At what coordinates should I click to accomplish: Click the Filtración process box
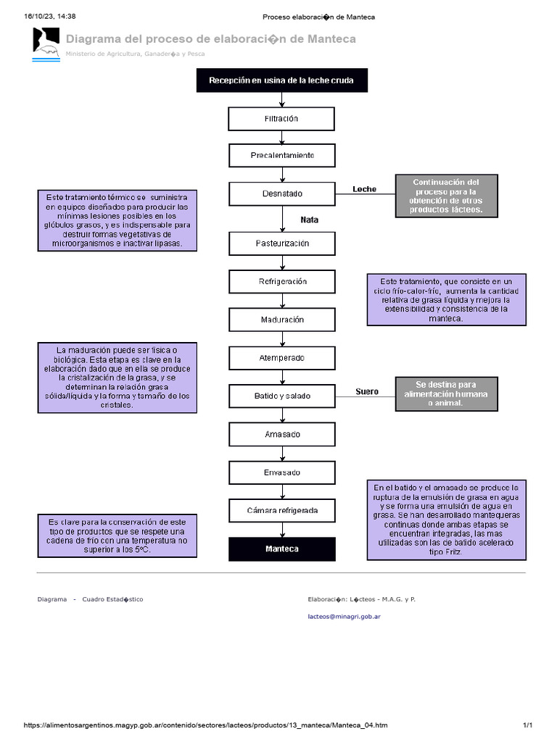pyautogui.click(x=281, y=119)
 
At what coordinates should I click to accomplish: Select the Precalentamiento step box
pyautogui.click(x=281, y=156)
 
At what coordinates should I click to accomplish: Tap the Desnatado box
pyautogui.click(x=281, y=194)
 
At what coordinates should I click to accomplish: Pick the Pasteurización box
pyautogui.click(x=281, y=243)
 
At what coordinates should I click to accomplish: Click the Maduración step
pyautogui.click(x=281, y=320)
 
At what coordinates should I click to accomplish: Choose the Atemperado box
pyautogui.click(x=281, y=358)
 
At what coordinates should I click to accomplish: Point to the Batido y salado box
pyautogui.click(x=281, y=396)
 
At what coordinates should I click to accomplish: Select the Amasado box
pyautogui.click(x=281, y=434)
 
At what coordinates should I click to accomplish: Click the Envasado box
pyautogui.click(x=281, y=472)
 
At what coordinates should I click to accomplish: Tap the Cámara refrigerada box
pyautogui.click(x=281, y=511)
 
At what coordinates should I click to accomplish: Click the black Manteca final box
pyautogui.click(x=281, y=549)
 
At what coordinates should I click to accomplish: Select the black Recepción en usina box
pyautogui.click(x=281, y=80)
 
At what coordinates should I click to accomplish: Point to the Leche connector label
pyautogui.click(x=364, y=189)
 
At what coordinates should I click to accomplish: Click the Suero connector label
pyautogui.click(x=366, y=391)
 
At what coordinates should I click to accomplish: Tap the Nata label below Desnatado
pyautogui.click(x=309, y=220)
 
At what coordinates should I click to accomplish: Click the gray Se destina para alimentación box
pyautogui.click(x=446, y=393)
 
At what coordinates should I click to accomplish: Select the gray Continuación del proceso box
pyautogui.click(x=445, y=196)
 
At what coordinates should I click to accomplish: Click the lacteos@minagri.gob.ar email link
pyautogui.click(x=344, y=617)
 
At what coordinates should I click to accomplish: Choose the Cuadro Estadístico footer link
pyautogui.click(x=112, y=599)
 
